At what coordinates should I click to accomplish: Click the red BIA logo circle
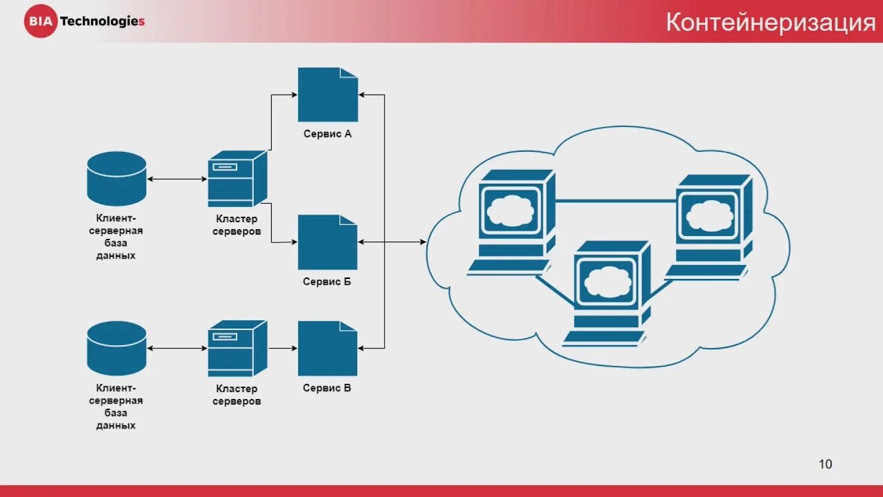(x=40, y=21)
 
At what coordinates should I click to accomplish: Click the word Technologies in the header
(x=102, y=21)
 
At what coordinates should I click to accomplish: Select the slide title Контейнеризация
(x=770, y=23)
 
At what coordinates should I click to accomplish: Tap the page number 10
(x=825, y=464)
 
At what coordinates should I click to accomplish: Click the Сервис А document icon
(x=328, y=95)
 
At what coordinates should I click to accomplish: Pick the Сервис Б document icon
(x=328, y=242)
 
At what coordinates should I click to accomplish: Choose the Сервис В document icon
(x=328, y=349)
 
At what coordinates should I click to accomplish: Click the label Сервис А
(x=328, y=134)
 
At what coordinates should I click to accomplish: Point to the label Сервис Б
(x=327, y=282)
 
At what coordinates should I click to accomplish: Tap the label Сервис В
(x=327, y=388)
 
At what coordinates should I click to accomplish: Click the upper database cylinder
(x=117, y=178)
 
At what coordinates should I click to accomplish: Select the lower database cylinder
(x=117, y=348)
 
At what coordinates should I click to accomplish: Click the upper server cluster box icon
(x=237, y=178)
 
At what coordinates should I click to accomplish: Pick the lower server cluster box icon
(x=237, y=348)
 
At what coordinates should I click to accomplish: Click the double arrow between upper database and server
(x=177, y=179)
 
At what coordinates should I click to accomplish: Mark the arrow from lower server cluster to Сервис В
(x=282, y=349)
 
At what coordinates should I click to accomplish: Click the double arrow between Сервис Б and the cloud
(x=392, y=242)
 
